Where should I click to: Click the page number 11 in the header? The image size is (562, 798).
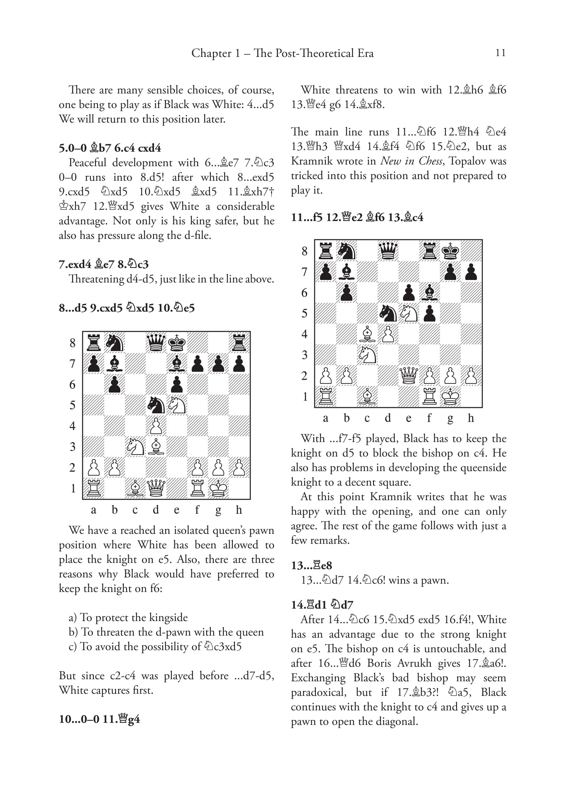(x=500, y=53)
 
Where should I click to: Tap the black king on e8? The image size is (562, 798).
(x=177, y=343)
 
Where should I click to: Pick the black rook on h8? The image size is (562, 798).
(x=239, y=343)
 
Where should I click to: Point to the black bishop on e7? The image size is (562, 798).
(x=177, y=364)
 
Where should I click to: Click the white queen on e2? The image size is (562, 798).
(x=409, y=376)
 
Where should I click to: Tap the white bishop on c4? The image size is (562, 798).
(x=367, y=334)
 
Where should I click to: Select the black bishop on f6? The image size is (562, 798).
(x=430, y=293)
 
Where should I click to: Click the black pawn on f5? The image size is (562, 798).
(x=430, y=314)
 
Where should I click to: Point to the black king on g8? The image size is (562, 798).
(x=450, y=251)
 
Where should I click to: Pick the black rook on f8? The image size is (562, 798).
(x=430, y=251)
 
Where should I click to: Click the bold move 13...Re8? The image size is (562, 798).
(x=311, y=565)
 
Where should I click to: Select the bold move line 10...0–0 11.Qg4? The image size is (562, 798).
(x=100, y=719)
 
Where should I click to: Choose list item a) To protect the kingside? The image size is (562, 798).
(x=128, y=617)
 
